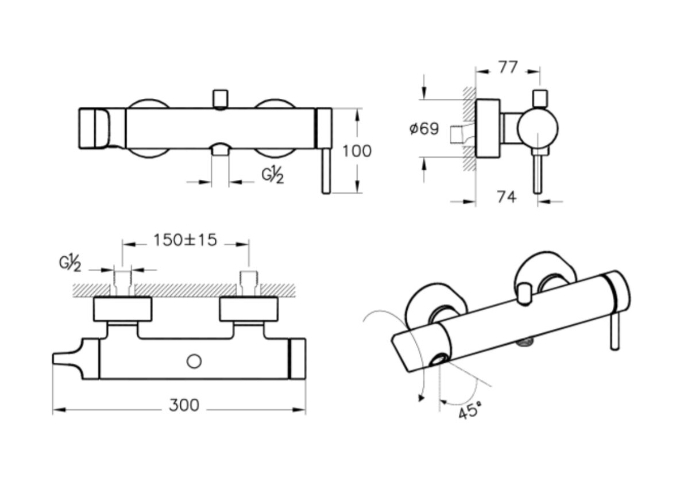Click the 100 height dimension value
pos(357,151)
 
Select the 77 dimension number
pos(507,67)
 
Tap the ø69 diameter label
pos(424,129)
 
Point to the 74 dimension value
pos(505,197)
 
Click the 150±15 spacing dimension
pos(185,240)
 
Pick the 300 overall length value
pos(184,405)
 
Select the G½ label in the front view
pos(273,175)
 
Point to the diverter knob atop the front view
pos(219,98)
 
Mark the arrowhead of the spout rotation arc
pos(422,397)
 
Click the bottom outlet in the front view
pos(220,151)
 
